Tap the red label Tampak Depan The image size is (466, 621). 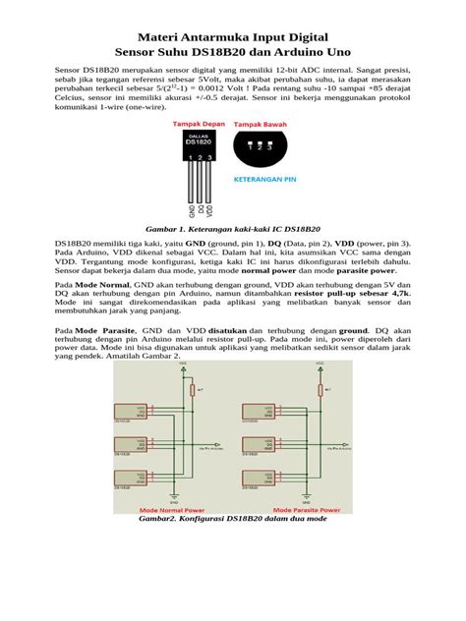[x=201, y=125]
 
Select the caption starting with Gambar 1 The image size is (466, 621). [x=233, y=227]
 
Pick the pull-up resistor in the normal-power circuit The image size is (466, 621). [x=191, y=390]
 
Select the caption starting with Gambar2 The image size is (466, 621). [x=233, y=521]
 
